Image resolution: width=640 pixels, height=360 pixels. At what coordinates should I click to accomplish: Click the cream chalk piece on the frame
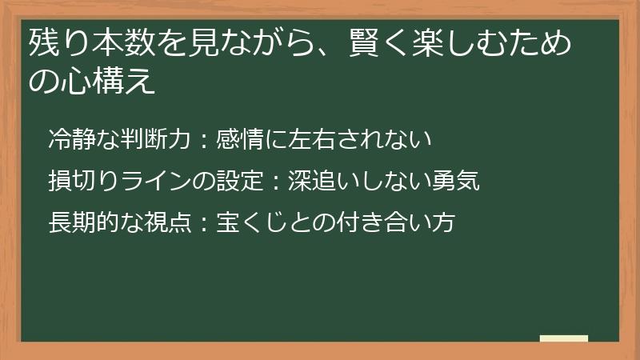(x=563, y=338)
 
